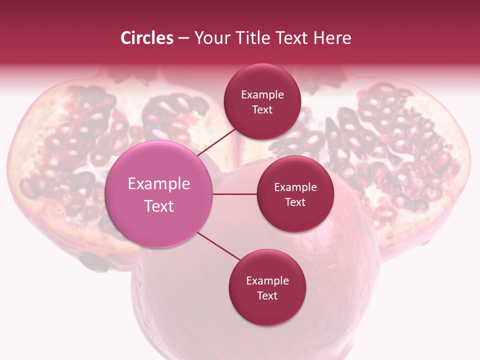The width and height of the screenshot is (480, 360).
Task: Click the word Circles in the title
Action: [146, 38]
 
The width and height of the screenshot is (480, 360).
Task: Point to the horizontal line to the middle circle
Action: [235, 194]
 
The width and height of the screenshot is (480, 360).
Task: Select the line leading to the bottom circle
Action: [219, 246]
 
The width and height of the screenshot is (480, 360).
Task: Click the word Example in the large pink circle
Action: [159, 184]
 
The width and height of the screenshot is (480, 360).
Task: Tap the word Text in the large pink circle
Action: [159, 206]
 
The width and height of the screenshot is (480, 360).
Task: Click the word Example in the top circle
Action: [262, 95]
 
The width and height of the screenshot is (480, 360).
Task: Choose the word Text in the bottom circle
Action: [267, 295]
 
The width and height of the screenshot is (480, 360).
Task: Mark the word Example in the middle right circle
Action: [295, 187]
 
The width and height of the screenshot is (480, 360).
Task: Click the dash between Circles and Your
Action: [183, 38]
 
